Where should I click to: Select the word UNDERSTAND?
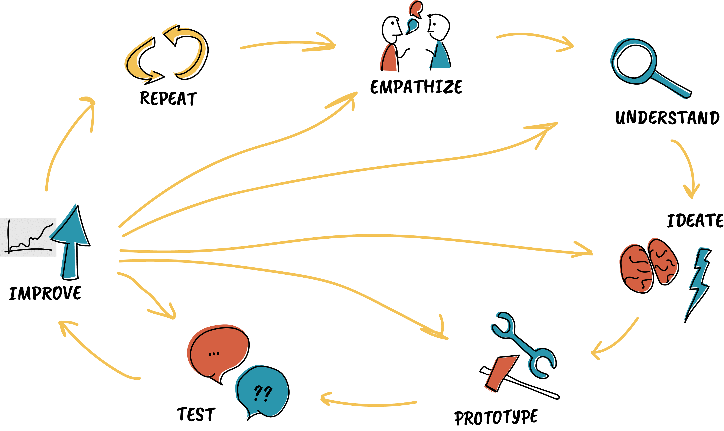tap(667, 118)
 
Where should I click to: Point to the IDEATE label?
tap(695, 221)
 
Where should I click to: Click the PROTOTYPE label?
tap(496, 417)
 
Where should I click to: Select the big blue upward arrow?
tap(71, 241)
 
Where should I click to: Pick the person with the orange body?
tap(391, 43)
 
